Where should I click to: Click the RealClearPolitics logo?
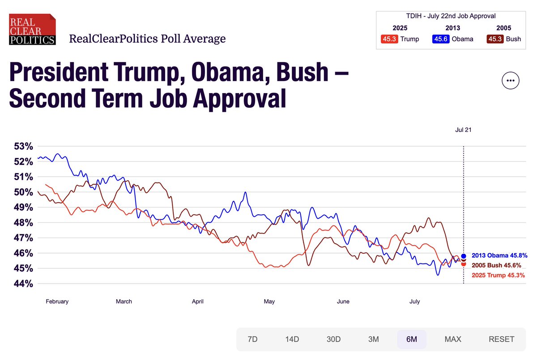click(32, 30)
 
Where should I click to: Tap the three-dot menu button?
click(511, 81)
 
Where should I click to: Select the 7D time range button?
click(252, 339)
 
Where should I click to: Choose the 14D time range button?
click(292, 339)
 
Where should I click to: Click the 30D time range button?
click(333, 339)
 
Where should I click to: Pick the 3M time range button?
click(373, 339)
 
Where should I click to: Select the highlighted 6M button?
click(411, 339)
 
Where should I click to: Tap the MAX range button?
click(452, 339)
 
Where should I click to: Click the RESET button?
click(501, 339)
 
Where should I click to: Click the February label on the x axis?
click(57, 301)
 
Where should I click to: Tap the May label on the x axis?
click(269, 301)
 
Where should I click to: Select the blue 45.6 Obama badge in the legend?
click(440, 39)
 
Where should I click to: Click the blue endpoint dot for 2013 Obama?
click(464, 256)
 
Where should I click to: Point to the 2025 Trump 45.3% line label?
click(499, 275)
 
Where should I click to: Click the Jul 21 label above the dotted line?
click(463, 130)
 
